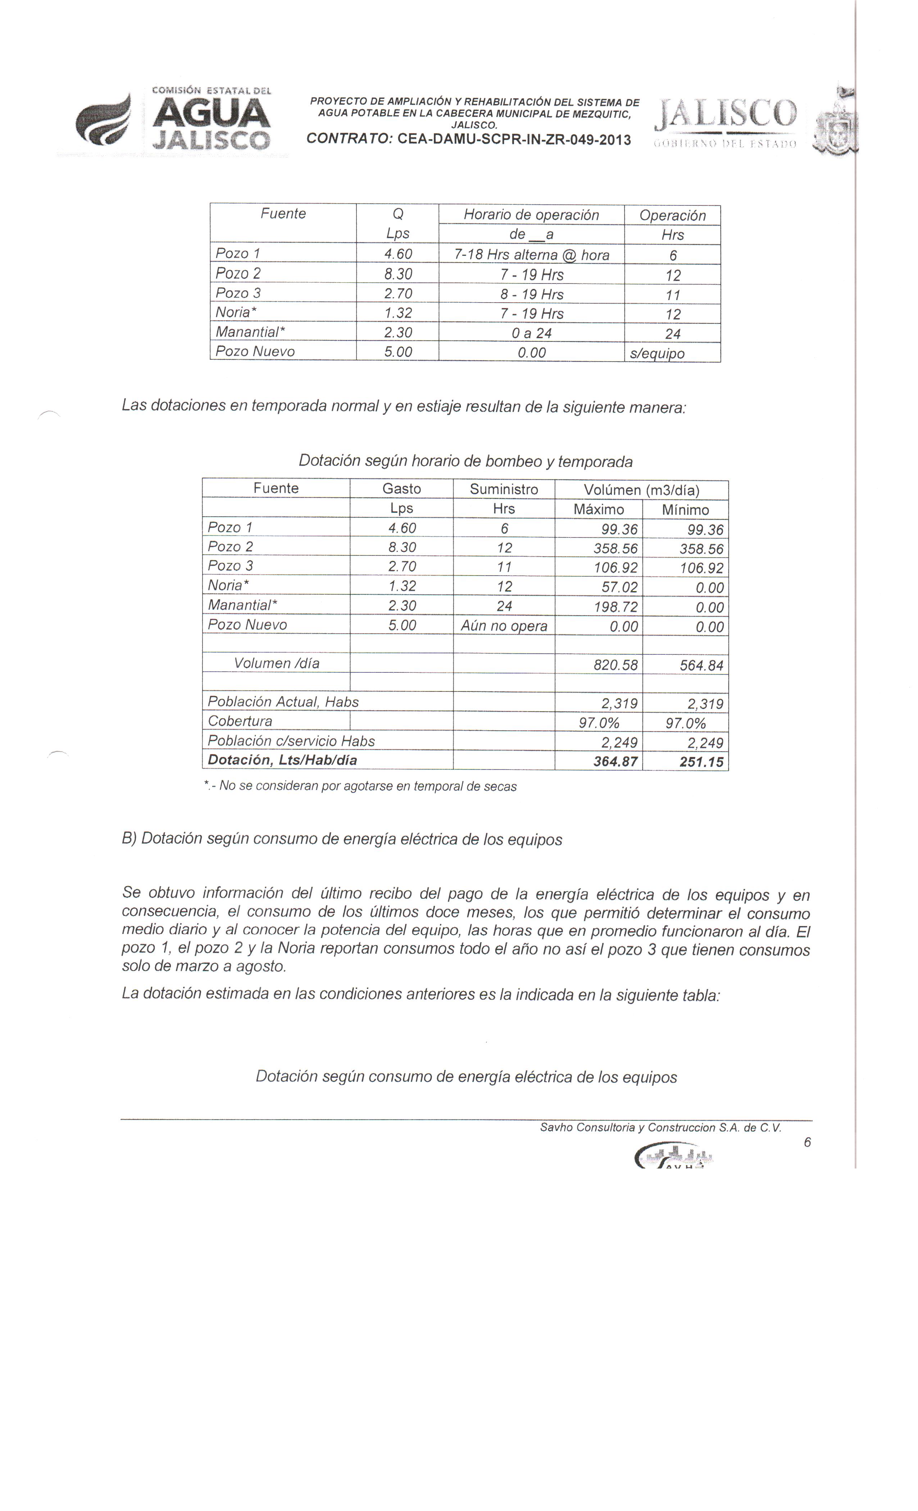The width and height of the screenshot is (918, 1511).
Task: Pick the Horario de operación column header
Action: [x=531, y=215]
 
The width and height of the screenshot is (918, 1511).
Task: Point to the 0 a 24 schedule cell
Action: [x=531, y=333]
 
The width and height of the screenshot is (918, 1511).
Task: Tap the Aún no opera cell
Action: [x=504, y=626]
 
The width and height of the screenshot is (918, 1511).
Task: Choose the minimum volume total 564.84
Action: [x=701, y=665]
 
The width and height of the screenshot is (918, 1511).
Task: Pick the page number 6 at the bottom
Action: [x=807, y=1142]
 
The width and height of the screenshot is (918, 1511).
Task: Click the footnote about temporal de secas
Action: [x=360, y=786]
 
